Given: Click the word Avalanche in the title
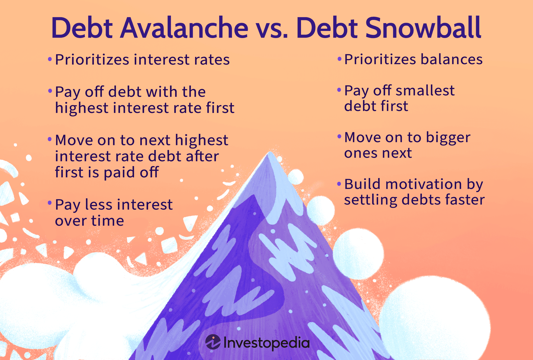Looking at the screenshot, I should [184, 28].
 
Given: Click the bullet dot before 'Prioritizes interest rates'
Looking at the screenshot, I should [50, 59].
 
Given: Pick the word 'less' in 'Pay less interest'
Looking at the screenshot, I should [99, 205].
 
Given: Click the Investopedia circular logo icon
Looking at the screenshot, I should [213, 342].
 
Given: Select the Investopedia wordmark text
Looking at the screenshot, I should [266, 343].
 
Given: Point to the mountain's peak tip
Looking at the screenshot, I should [269, 154].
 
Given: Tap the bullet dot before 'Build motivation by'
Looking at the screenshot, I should [339, 184].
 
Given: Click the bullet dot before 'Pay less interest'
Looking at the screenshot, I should [50, 204].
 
